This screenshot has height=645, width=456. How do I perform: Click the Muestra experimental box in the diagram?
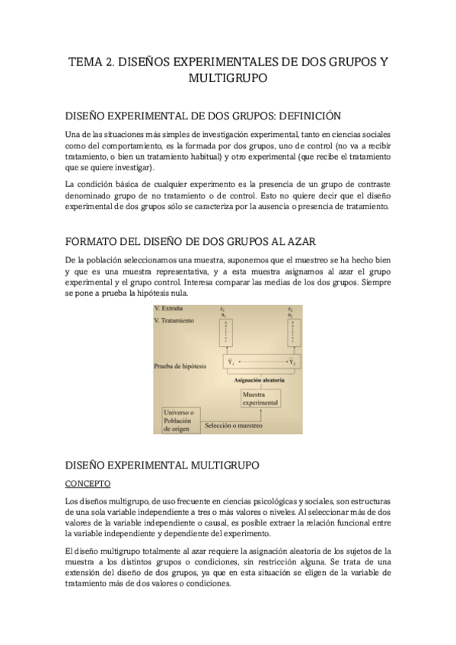coord(260,399)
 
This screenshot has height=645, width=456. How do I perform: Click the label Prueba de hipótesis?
coord(180,366)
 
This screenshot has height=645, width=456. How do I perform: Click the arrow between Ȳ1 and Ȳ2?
coord(261,361)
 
